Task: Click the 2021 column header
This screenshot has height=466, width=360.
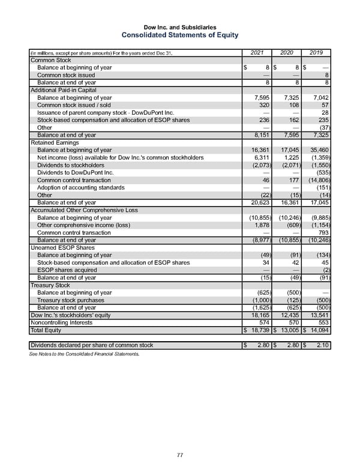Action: click(257, 53)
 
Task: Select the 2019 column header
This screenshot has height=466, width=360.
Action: click(316, 53)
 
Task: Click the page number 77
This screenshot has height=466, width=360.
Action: click(180, 455)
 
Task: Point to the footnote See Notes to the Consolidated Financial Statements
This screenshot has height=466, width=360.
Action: click(84, 354)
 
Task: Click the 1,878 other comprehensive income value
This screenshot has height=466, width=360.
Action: click(262, 225)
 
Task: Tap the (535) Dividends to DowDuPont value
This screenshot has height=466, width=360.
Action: click(322, 172)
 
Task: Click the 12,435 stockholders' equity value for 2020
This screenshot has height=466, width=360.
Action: click(291, 315)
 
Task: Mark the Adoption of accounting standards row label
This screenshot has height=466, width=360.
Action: click(81, 187)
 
